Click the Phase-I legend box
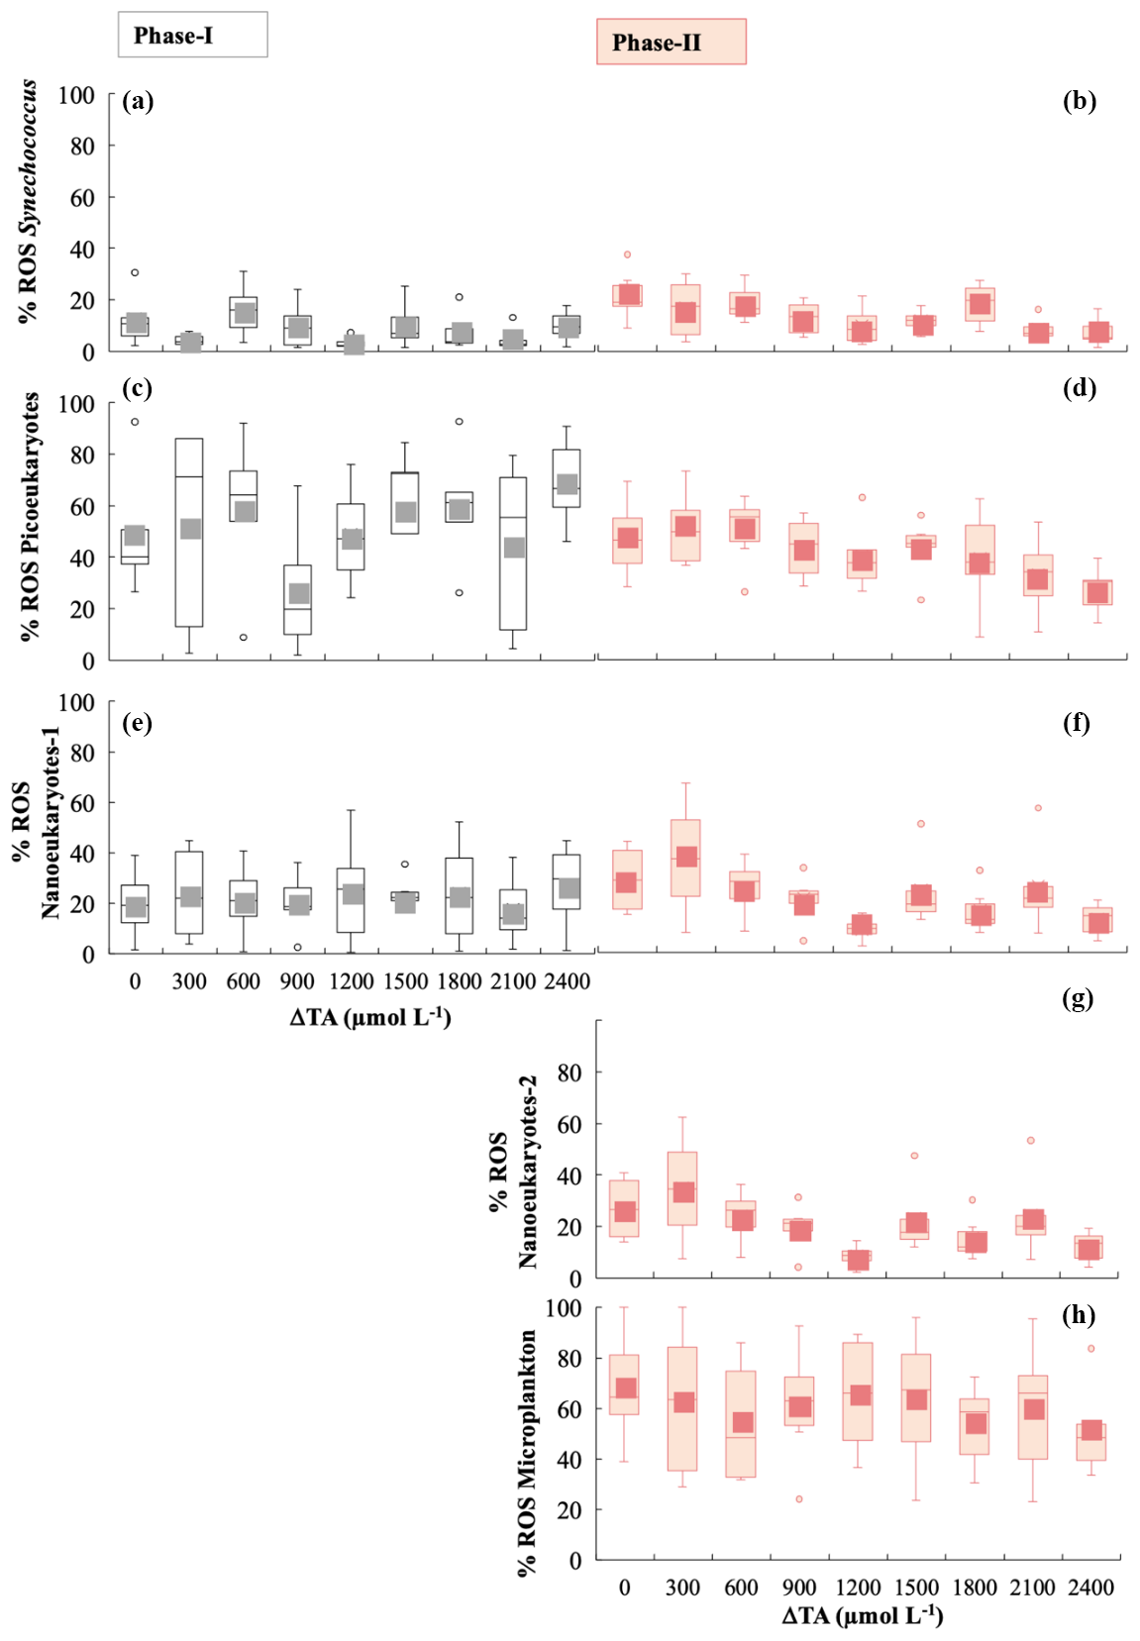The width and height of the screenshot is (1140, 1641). pos(192,35)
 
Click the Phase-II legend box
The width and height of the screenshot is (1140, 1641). pos(671,42)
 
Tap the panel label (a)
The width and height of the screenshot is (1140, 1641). pos(138,101)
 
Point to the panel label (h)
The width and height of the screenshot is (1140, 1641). pos(1079,1315)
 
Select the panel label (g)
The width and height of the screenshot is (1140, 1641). pos(1078,998)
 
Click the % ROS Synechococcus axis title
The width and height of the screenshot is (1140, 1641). pos(28,201)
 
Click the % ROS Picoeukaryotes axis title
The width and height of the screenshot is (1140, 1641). pos(30,516)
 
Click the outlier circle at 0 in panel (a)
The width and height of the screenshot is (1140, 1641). pos(135,272)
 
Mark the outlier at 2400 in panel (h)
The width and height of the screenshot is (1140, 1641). pos(1091,1348)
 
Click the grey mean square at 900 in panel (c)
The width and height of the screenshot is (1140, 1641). pos(299,593)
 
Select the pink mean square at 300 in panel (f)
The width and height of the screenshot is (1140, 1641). pos(686,857)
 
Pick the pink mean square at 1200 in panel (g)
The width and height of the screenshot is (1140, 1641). pos(860,1260)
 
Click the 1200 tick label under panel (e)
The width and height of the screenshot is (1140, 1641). pos(352,981)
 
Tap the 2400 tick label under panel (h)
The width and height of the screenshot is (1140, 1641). pos(1090,1588)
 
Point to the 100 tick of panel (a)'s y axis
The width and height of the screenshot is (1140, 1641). pos(76,95)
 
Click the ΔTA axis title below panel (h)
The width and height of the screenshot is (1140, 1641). pos(862,1616)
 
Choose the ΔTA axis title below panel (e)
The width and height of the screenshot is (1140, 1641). pos(370,1017)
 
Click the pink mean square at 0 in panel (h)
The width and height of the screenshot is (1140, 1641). pos(625,1387)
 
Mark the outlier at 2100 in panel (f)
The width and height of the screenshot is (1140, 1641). pos(1038,808)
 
